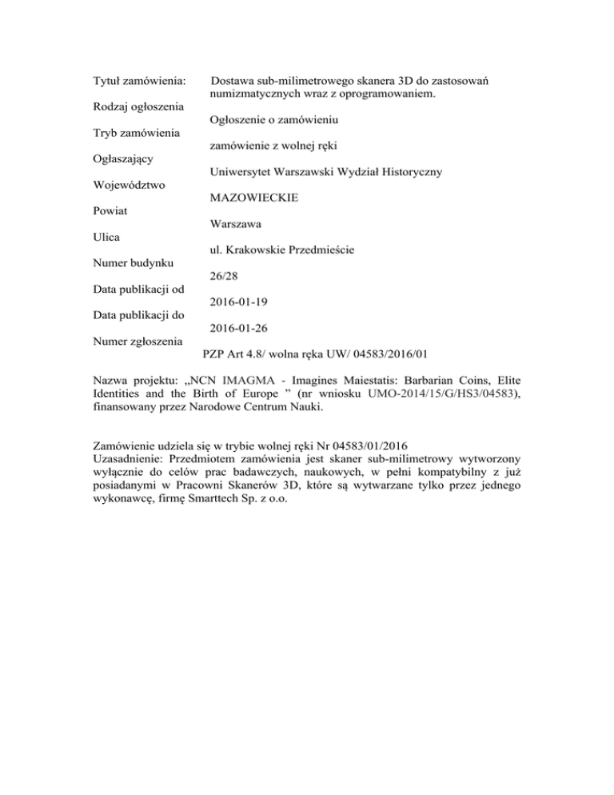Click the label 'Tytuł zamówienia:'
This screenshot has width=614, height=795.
click(139, 82)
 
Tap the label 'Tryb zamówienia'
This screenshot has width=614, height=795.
click(135, 132)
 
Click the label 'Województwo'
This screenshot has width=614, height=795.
click(128, 185)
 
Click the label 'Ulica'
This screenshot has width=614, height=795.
click(106, 237)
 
